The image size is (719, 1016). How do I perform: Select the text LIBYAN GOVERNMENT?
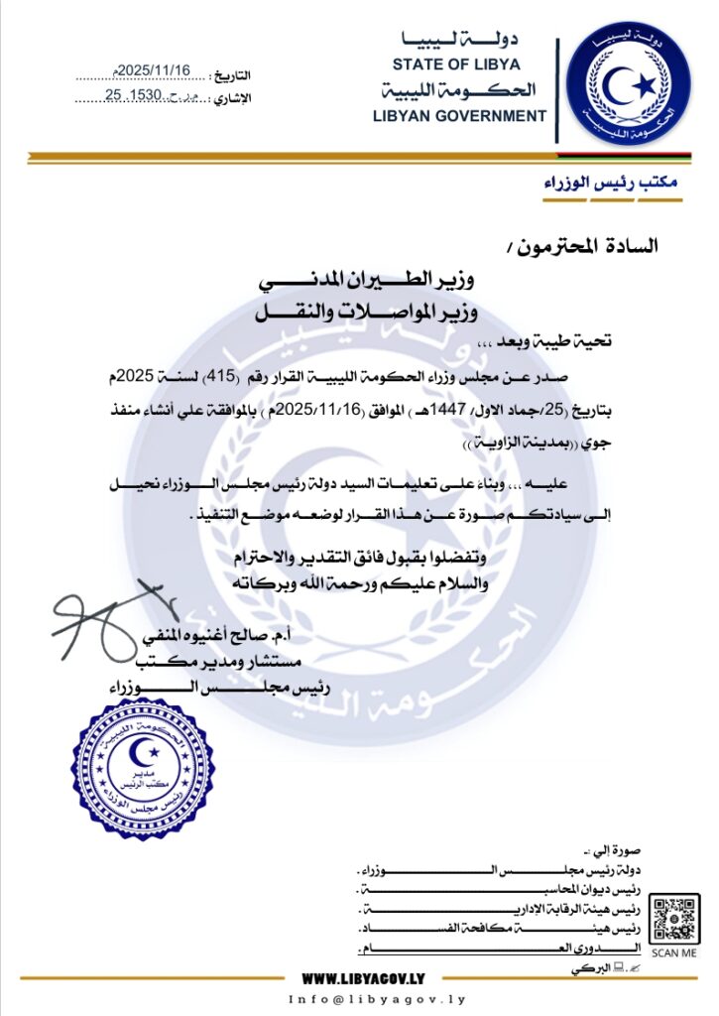tap(459, 115)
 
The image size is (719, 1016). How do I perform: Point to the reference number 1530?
tap(152, 95)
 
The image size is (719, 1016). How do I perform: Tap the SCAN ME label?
tap(675, 952)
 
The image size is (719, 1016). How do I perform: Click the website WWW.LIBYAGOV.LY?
tap(364, 977)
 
